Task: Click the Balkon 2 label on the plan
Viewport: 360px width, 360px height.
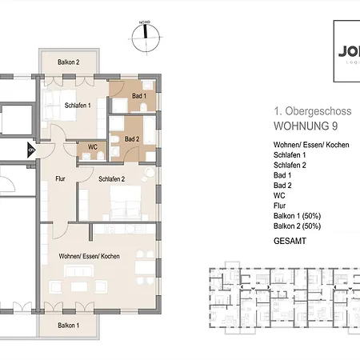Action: coord(68,62)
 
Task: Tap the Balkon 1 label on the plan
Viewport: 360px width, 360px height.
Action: coord(68,326)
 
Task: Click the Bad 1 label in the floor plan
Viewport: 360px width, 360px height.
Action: coord(138,97)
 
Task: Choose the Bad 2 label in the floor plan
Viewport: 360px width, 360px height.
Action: coord(132,138)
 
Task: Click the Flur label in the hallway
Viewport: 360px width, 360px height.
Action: coord(60,180)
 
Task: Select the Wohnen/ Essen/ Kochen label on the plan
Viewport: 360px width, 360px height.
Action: coord(89,255)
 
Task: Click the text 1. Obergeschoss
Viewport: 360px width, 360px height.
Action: coord(298,113)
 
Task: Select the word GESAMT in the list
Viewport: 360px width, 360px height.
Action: coord(289,239)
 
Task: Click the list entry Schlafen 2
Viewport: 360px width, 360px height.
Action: coord(291,164)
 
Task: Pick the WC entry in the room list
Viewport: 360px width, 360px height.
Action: coord(279,194)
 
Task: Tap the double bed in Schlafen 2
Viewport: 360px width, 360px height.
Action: coord(128,205)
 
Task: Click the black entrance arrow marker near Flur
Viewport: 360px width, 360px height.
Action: coord(31,149)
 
